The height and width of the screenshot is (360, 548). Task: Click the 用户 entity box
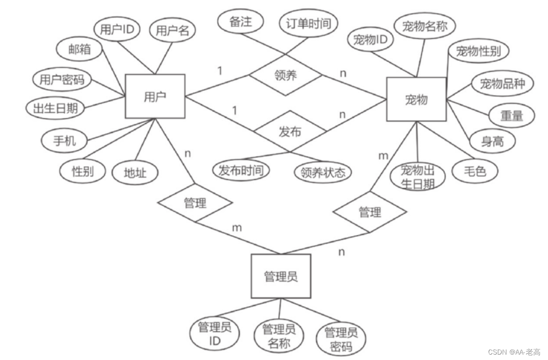pyautogui.click(x=155, y=96)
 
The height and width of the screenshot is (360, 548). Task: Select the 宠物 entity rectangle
pyautogui.click(x=416, y=99)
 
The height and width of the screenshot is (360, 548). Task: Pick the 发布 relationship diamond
pyautogui.click(x=290, y=132)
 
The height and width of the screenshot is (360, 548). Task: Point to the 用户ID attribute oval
pyautogui.click(x=117, y=30)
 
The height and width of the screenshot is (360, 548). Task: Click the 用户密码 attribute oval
pyautogui.click(x=62, y=80)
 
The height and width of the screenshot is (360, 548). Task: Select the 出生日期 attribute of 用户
pyautogui.click(x=55, y=109)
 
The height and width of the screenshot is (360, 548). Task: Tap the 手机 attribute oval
pyautogui.click(x=65, y=140)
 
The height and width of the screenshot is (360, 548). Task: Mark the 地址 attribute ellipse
pyautogui.click(x=135, y=173)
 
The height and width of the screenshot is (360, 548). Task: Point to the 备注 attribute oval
pyautogui.click(x=241, y=23)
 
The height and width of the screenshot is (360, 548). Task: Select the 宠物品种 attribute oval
pyautogui.click(x=502, y=84)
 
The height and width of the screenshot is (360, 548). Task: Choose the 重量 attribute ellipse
pyautogui.click(x=511, y=116)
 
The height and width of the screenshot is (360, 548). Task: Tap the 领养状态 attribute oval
pyautogui.click(x=322, y=172)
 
